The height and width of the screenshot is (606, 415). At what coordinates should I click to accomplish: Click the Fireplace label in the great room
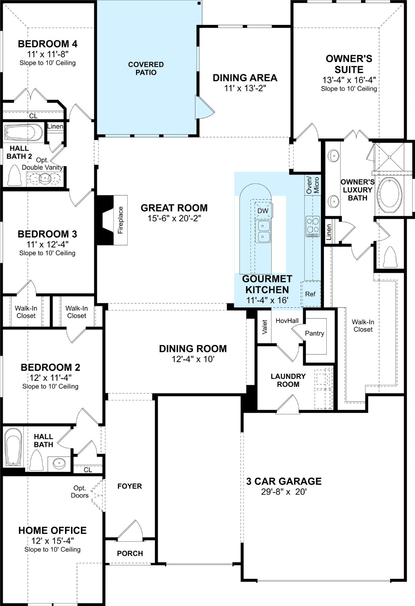tap(121, 220)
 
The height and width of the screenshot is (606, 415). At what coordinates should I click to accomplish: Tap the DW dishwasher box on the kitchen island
tap(263, 211)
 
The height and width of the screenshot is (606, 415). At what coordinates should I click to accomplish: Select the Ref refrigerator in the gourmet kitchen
tap(310, 294)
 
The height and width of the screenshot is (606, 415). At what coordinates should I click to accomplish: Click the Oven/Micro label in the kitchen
tap(313, 185)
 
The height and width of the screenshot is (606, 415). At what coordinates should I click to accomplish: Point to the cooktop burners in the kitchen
tap(313, 226)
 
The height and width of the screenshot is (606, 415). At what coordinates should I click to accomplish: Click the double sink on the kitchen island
tap(263, 231)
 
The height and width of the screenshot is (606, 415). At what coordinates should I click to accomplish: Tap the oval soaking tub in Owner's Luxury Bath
tap(390, 195)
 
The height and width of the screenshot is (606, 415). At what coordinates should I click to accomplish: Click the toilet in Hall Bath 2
tap(14, 175)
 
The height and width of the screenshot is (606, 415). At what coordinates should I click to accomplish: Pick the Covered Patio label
tap(146, 68)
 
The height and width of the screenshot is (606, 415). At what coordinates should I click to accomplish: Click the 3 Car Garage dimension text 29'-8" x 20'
tap(284, 492)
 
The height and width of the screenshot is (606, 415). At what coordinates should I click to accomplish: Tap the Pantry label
tap(315, 333)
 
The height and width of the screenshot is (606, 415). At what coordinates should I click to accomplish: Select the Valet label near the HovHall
tap(264, 326)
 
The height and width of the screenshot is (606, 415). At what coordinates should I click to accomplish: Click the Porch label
tap(130, 554)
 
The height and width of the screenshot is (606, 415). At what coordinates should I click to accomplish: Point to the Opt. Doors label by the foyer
tap(80, 492)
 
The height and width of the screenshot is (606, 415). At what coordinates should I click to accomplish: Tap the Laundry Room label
tap(288, 380)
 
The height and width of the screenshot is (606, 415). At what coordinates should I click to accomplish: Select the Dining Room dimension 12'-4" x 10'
tap(193, 359)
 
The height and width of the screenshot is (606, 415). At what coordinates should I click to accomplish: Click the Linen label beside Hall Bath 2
tap(55, 127)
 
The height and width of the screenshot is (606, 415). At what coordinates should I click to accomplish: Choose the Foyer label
tap(130, 486)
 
